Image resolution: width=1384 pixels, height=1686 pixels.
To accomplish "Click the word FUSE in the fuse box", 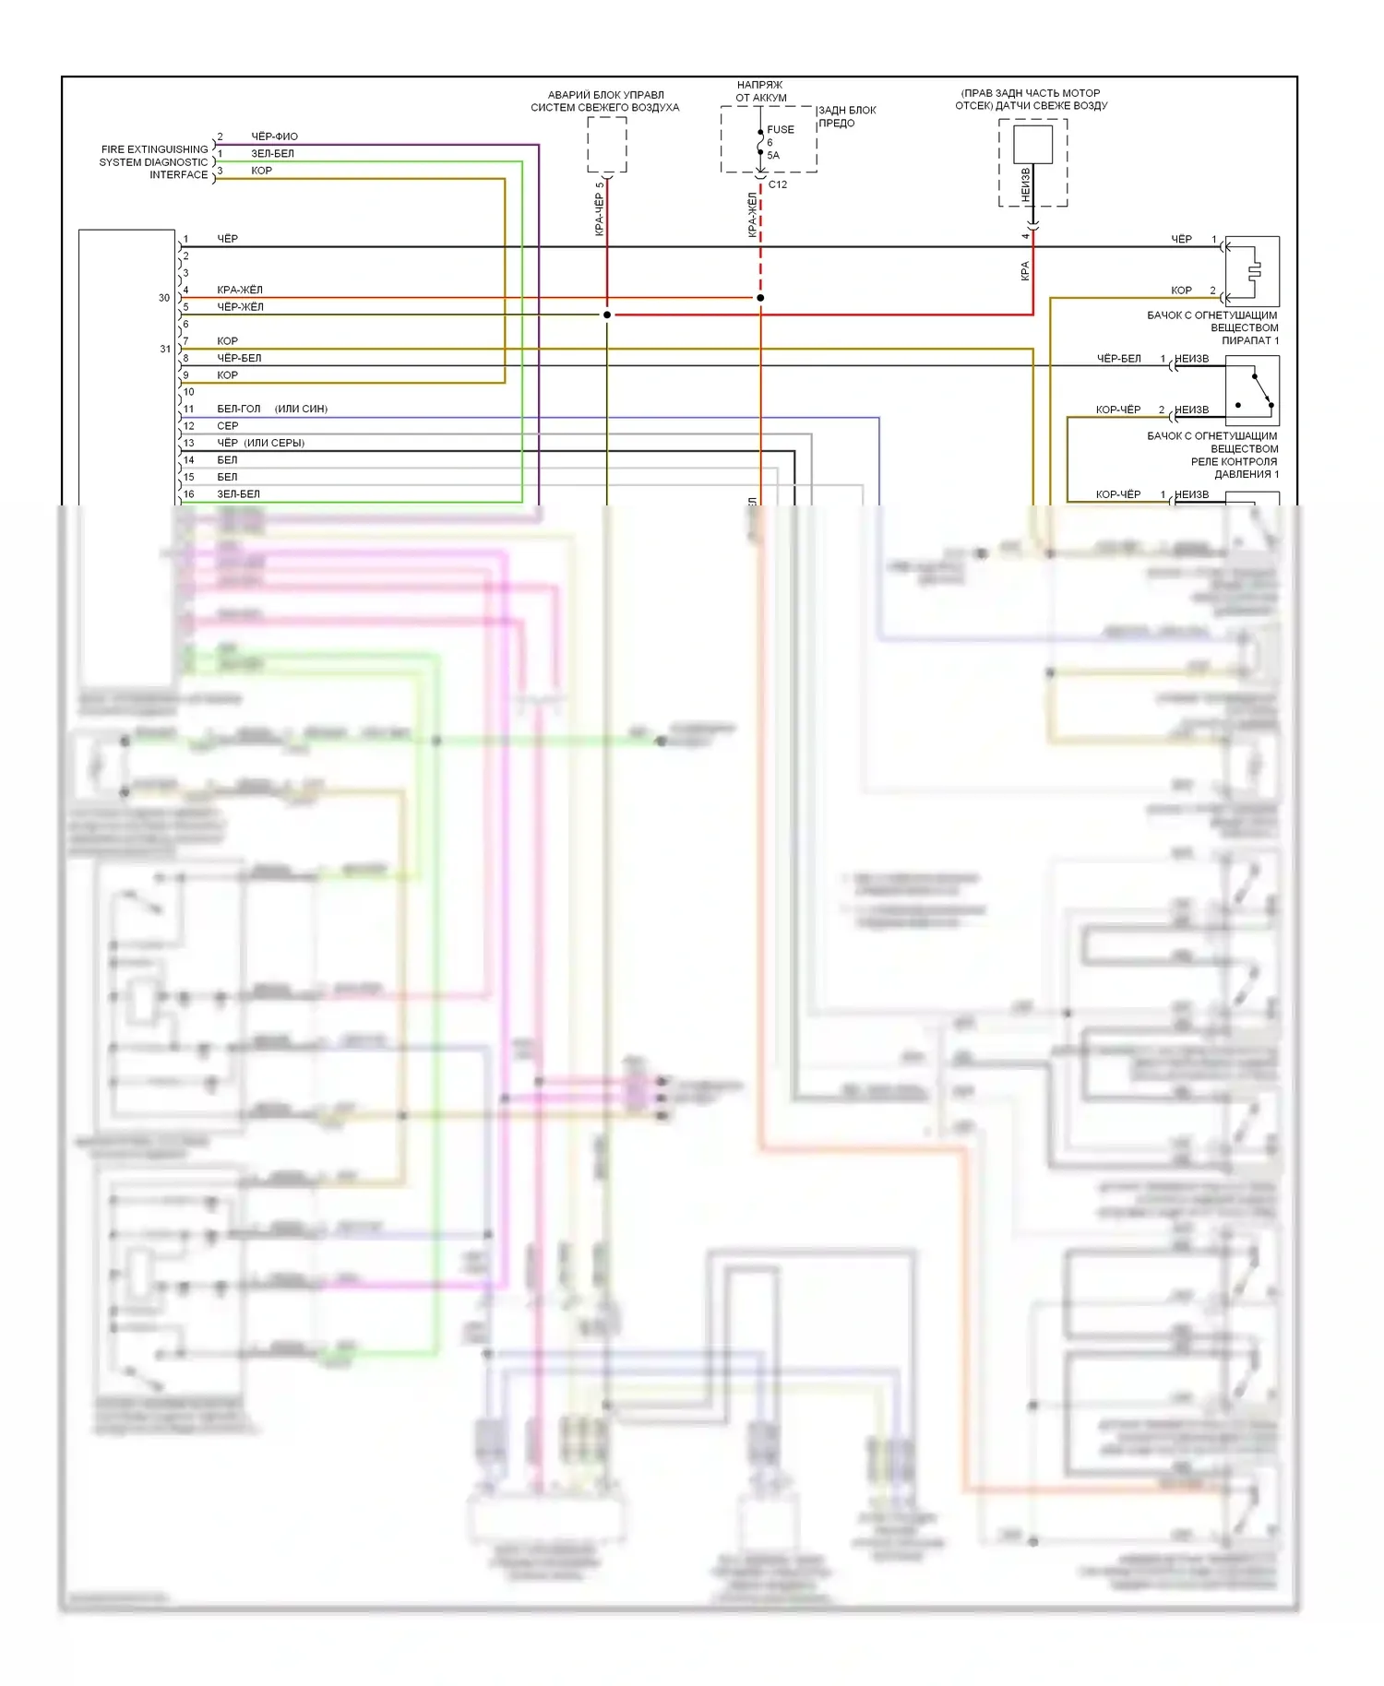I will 780,130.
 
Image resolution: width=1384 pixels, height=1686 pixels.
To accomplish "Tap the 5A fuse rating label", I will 773,155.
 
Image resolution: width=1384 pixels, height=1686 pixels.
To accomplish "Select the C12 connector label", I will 778,184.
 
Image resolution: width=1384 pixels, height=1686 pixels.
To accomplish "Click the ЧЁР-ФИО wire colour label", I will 274,137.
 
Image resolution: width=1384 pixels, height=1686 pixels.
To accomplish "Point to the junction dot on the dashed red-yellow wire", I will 760,298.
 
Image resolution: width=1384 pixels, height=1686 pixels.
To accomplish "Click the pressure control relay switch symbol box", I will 1252,390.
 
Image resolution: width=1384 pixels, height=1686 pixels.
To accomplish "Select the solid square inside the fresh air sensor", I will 1032,145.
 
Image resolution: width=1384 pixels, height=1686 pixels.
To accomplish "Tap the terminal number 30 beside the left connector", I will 164,298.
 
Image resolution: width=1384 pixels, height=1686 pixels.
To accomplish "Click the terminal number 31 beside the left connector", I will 165,349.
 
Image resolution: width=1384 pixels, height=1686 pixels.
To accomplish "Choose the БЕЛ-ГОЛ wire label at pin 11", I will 238,409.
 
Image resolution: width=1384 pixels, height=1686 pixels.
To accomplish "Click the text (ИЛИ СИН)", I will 301,409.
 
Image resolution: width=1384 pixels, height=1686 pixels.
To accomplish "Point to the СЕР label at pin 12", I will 227,426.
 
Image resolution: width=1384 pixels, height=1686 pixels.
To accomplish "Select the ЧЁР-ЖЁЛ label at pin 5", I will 240,307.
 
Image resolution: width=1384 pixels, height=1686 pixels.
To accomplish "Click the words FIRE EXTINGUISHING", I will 155,149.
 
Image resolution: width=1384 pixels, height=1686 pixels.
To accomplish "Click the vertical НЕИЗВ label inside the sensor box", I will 1025,184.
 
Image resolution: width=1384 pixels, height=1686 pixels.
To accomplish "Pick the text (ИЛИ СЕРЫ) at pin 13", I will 274,443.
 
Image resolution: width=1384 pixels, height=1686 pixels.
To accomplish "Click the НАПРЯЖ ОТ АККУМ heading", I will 760,91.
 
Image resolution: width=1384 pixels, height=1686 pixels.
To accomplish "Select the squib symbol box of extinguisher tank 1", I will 1252,271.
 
